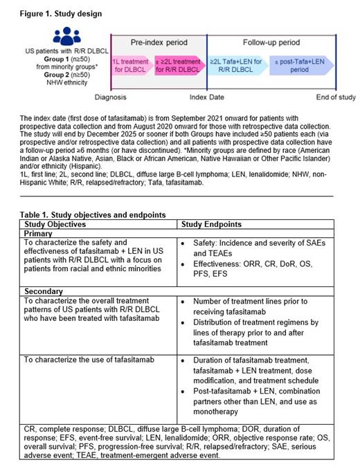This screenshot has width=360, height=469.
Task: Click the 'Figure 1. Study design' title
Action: click(x=52, y=13)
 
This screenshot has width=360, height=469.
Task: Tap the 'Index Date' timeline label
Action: click(x=206, y=98)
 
